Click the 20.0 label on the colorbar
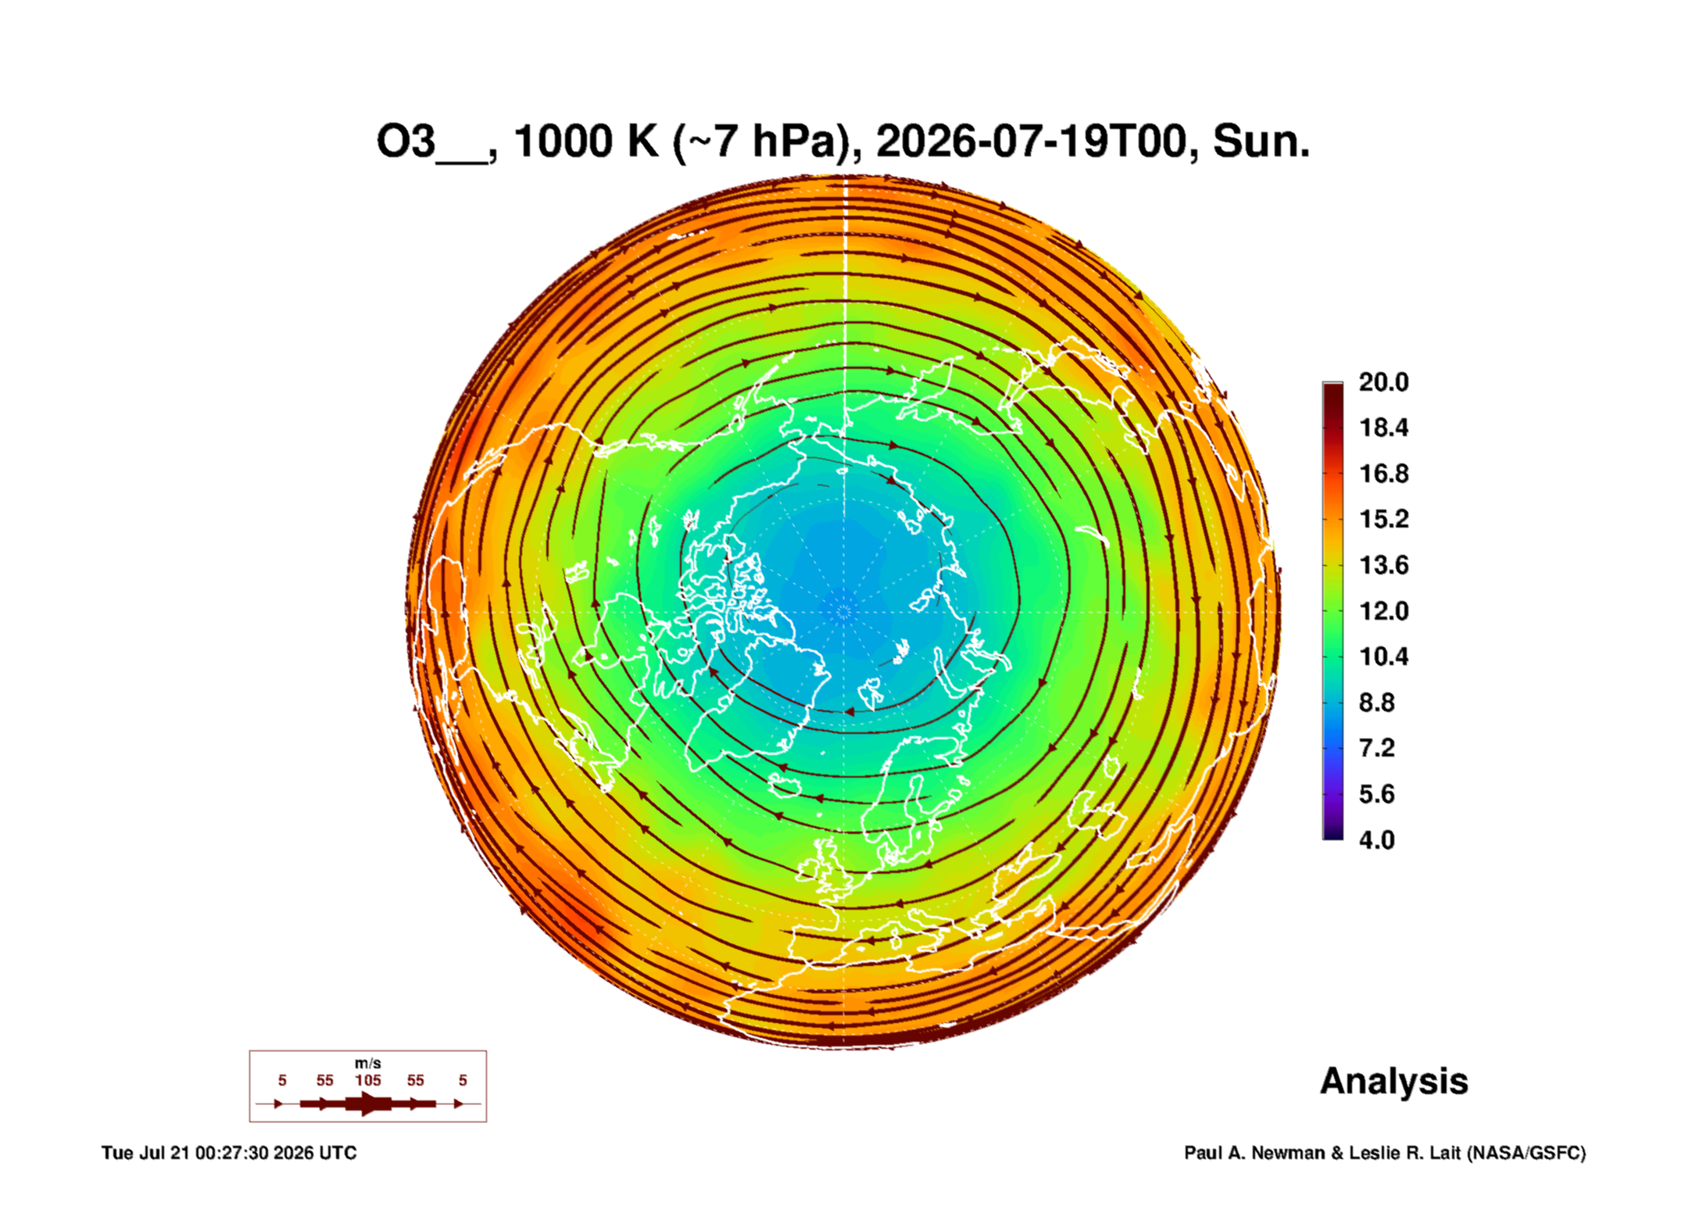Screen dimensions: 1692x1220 1383,382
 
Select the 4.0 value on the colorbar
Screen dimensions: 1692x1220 1376,840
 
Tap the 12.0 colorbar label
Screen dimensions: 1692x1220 1383,611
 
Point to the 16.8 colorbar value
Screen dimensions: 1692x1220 1383,474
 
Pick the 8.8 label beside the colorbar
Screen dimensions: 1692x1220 1376,703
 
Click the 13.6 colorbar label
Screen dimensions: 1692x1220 1383,565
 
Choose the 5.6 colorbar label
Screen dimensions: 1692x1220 1376,794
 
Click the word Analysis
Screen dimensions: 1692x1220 1393,1082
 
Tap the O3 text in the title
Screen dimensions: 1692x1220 406,141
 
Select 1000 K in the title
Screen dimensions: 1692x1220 586,141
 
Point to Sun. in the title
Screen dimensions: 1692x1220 1261,141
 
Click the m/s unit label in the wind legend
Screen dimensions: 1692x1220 368,1063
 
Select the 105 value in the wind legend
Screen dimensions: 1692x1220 368,1080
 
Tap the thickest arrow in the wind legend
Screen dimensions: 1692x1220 368,1104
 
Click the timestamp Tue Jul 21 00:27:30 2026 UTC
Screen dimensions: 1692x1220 229,1153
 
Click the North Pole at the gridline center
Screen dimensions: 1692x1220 844,611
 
